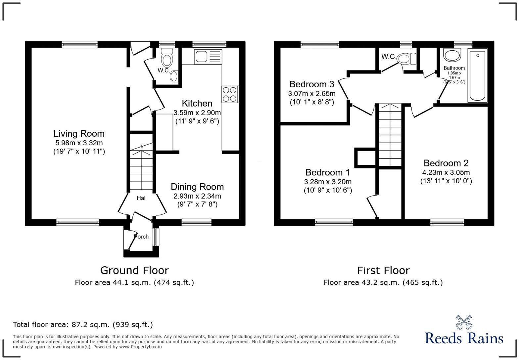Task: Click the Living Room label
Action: point(79,134)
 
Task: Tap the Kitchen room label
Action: point(197,103)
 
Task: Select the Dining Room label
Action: point(197,187)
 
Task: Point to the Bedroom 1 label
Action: point(327,172)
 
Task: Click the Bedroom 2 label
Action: point(446,163)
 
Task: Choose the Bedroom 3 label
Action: point(311,84)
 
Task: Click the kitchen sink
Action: point(209,57)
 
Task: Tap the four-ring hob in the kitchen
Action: point(230,94)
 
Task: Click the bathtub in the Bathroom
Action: point(477,76)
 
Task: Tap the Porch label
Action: point(141,237)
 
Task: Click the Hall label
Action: point(142,198)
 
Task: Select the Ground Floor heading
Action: point(134,270)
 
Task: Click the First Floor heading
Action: point(383,270)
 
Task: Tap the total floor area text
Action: point(83,325)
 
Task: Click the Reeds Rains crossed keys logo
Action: point(464,322)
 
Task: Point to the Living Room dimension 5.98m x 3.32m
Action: point(79,143)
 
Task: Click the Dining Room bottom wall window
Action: point(196,222)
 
